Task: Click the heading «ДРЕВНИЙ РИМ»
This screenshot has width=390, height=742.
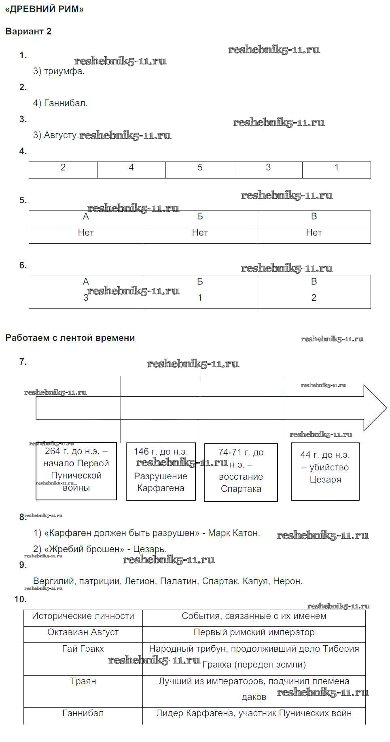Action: [45, 9]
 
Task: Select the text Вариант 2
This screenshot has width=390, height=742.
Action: [28, 31]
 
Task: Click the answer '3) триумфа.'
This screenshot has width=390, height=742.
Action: [59, 71]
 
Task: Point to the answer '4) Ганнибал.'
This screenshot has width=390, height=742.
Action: [60, 103]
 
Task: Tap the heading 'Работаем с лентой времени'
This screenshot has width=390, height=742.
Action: [70, 338]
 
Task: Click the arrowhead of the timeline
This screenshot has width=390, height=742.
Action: [374, 408]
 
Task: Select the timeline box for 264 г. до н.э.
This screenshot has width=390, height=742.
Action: [76, 471]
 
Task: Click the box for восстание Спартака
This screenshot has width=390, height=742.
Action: [241, 472]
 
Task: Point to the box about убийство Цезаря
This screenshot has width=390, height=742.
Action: [325, 471]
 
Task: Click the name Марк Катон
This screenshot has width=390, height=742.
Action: [234, 533]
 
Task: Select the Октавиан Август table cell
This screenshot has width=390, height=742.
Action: [83, 632]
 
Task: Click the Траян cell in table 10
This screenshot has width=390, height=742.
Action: [83, 681]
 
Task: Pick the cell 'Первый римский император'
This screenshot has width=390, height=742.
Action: [254, 632]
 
